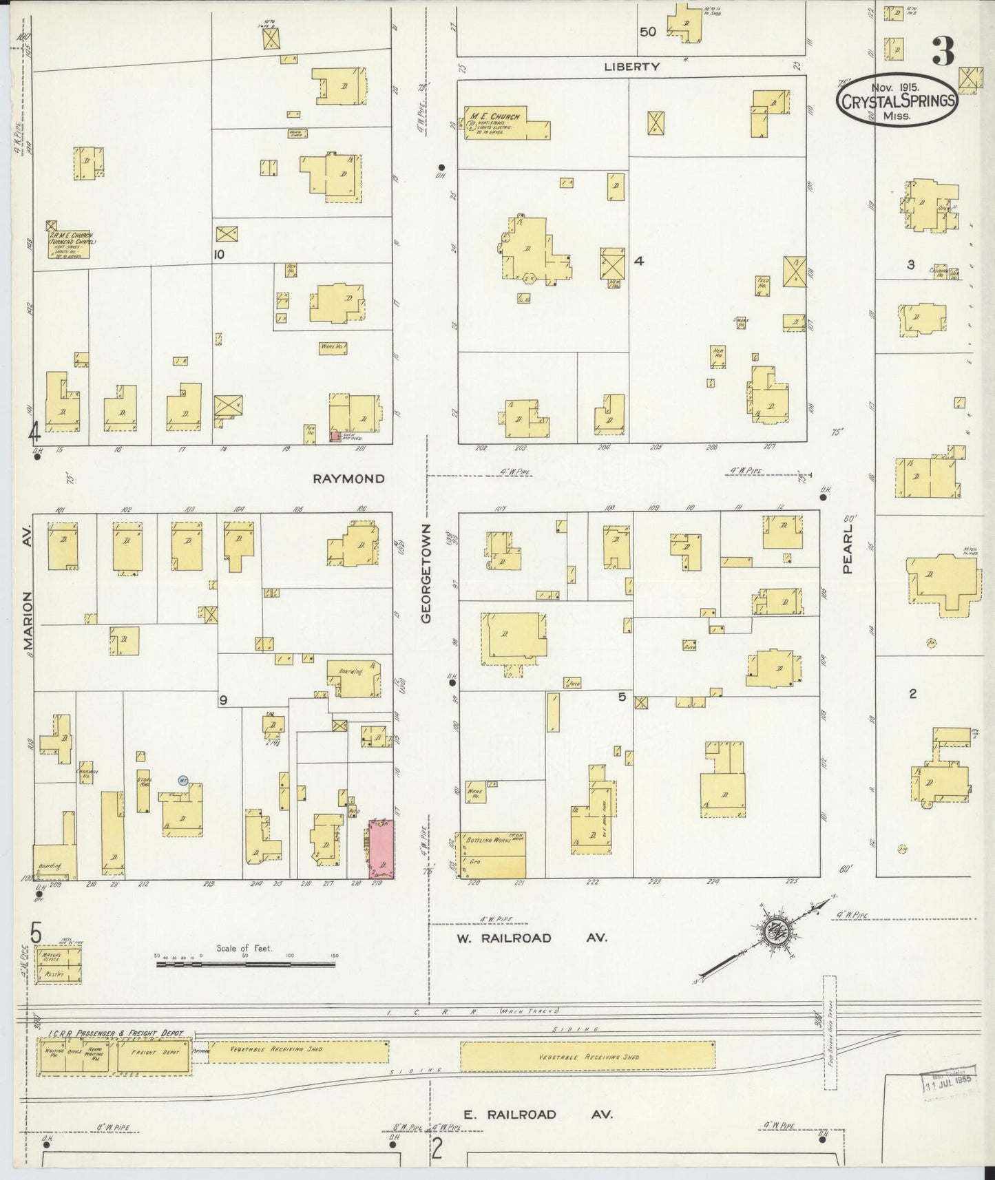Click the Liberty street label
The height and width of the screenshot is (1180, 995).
632,67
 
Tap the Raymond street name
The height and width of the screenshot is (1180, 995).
348,478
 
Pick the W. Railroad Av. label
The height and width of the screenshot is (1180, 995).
530,938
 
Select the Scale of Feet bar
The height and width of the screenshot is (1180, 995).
247,965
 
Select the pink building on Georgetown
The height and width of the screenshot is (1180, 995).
381,848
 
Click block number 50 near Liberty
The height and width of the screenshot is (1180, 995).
647,32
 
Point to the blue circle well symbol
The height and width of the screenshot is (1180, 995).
182,780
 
